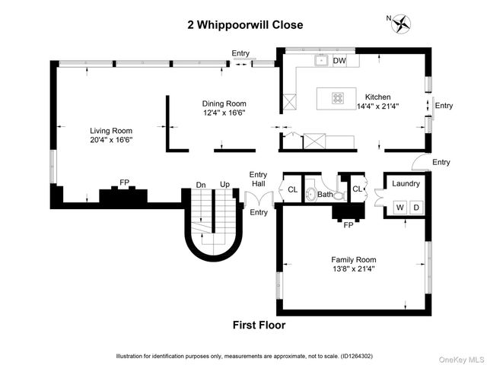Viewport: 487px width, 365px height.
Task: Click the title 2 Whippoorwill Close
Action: tap(245, 25)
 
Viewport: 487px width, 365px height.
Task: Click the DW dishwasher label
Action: tap(339, 61)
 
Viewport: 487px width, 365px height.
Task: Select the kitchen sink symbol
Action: tap(322, 60)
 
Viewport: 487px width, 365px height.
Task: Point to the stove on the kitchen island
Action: tap(337, 97)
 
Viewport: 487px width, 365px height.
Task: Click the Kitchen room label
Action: tap(377, 97)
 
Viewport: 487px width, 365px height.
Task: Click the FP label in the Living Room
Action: tap(124, 183)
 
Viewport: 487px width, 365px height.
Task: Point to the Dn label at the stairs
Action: tap(201, 185)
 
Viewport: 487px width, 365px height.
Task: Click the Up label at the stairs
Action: tap(224, 185)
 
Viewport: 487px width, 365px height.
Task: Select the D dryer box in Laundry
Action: tap(415, 208)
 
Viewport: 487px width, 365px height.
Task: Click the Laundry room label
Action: tap(406, 183)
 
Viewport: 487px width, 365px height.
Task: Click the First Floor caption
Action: tap(259, 325)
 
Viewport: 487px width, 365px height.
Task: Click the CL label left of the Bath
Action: tap(292, 190)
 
